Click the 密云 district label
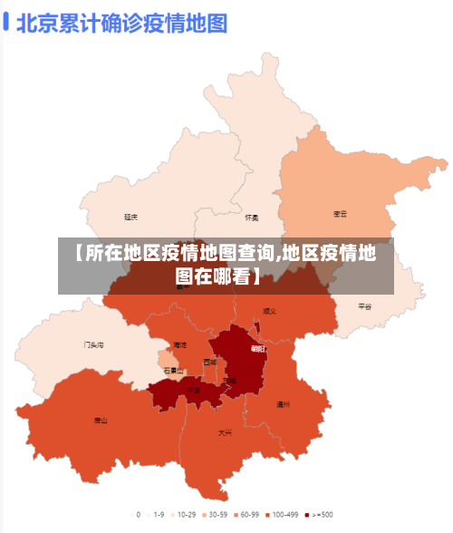(x=341, y=214)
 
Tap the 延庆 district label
(x=131, y=217)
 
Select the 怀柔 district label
(x=252, y=218)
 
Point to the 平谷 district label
(x=365, y=306)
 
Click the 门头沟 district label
(x=93, y=344)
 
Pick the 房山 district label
(x=101, y=420)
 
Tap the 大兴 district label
(x=225, y=432)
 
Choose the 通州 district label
(x=283, y=404)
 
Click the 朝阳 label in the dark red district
(x=258, y=348)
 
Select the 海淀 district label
(x=180, y=344)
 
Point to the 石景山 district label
(x=173, y=370)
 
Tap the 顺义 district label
(x=269, y=311)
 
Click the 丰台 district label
(x=193, y=390)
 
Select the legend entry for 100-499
(x=282, y=514)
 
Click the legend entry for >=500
(x=320, y=514)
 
